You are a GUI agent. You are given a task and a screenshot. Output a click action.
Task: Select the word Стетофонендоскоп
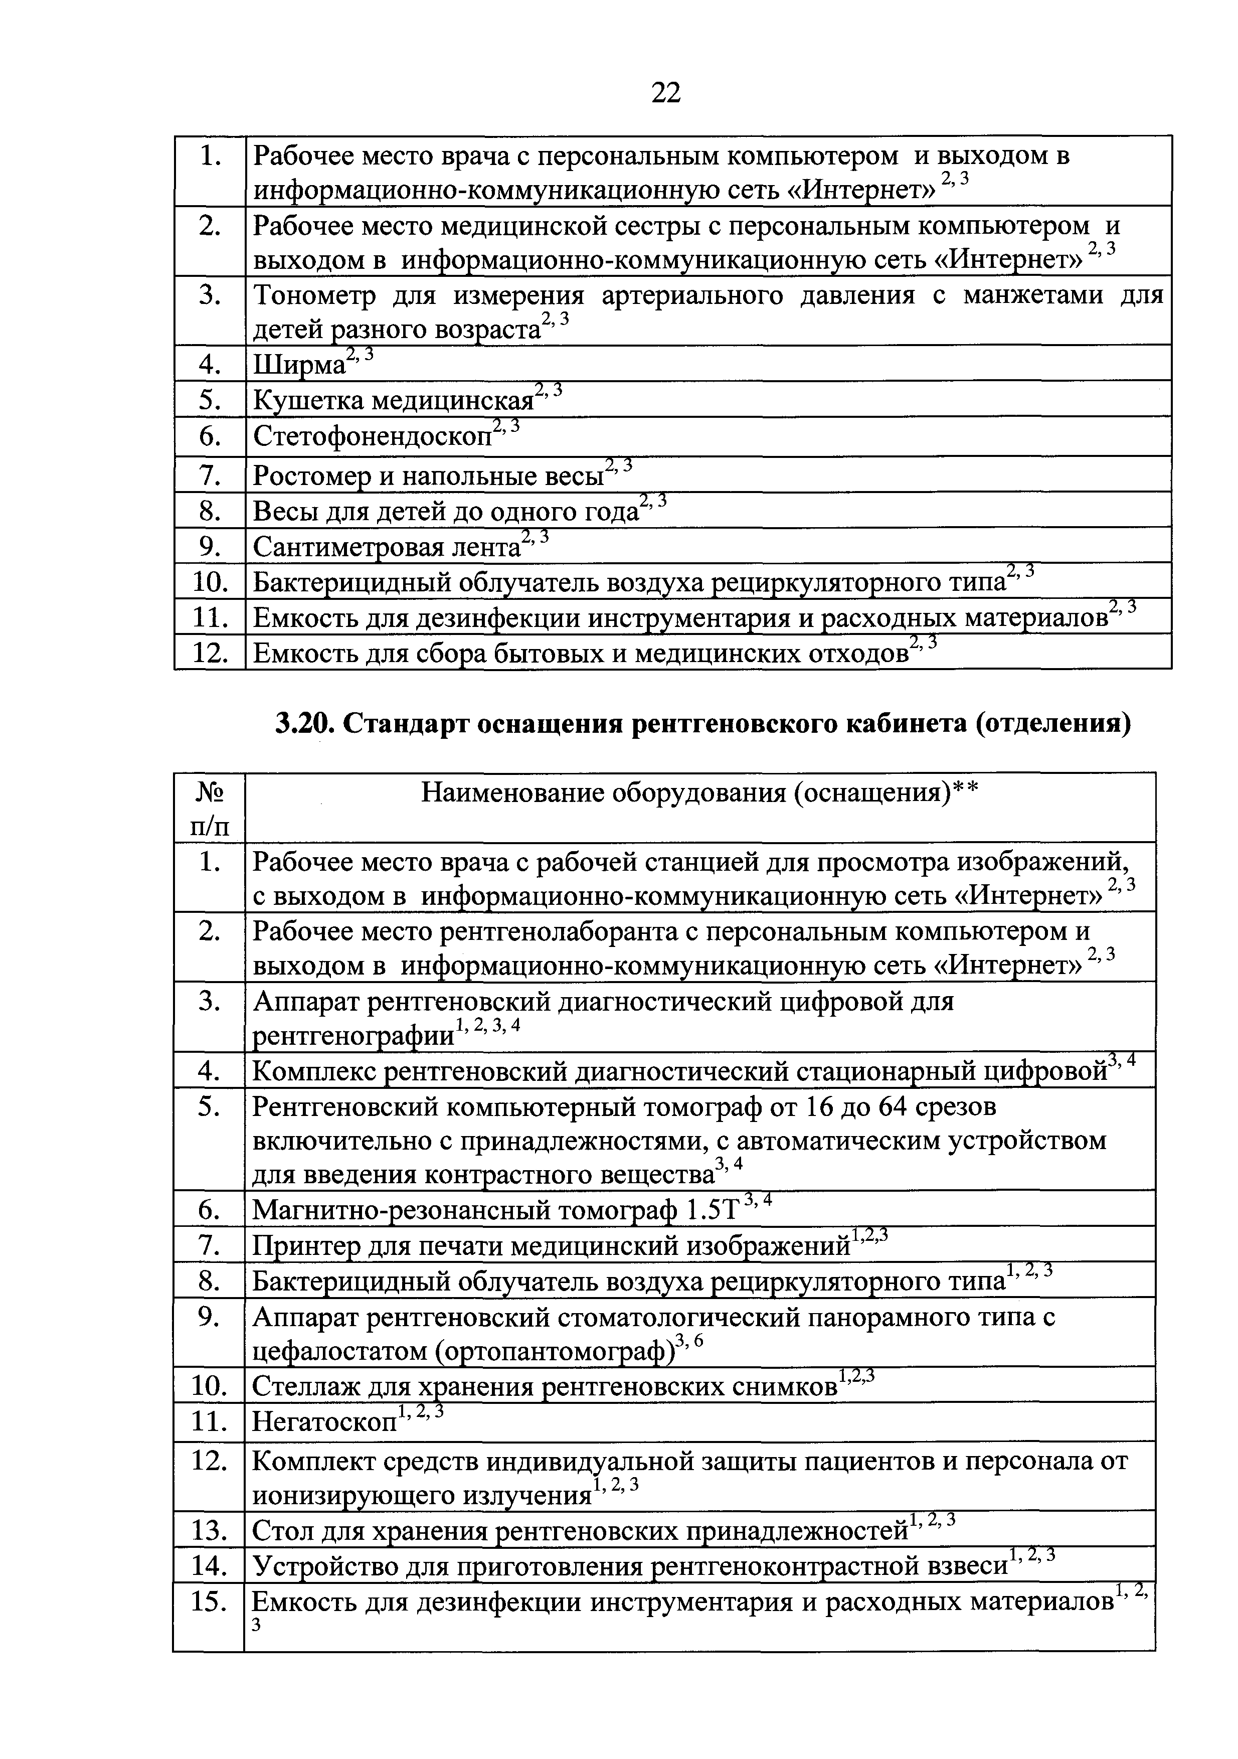(373, 437)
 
